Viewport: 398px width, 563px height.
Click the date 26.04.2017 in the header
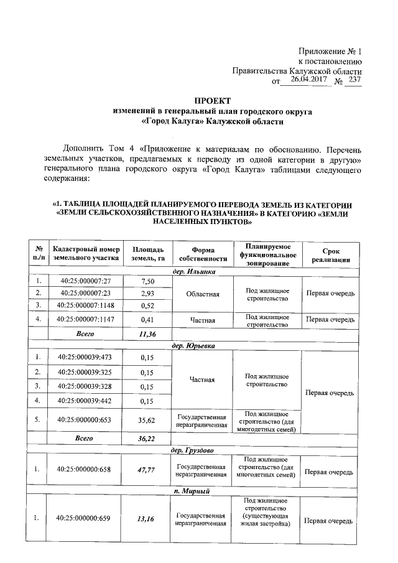[309, 80]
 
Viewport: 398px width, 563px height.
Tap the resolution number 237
[354, 80]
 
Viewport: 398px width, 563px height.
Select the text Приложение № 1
[338, 50]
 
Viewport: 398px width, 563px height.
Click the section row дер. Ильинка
[193, 271]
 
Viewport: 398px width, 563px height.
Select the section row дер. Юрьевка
[193, 345]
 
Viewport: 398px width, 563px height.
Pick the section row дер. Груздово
[193, 449]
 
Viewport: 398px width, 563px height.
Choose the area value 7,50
[147, 281]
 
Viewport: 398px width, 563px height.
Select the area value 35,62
[147, 420]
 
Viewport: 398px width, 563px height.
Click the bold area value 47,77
[147, 470]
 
